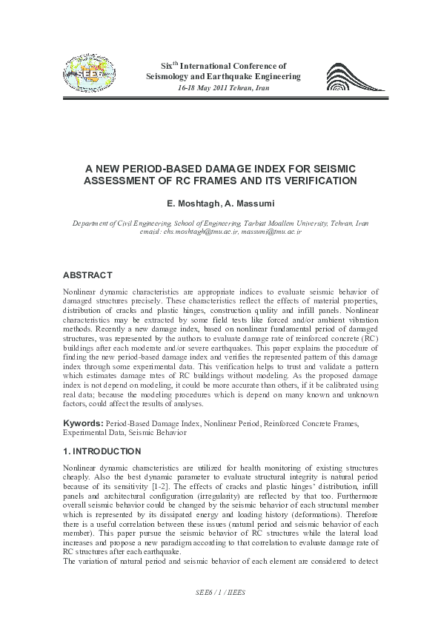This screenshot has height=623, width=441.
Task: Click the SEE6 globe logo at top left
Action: [90, 74]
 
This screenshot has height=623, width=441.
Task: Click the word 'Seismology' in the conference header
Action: [170, 77]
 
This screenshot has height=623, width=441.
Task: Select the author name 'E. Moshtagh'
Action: [188, 202]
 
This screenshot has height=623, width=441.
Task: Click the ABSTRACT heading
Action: [87, 275]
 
